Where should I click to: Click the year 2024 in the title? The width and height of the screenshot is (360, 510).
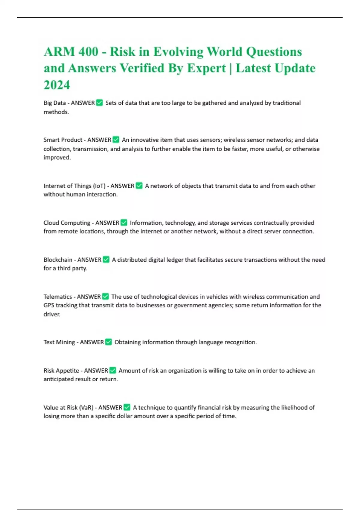pos(57,85)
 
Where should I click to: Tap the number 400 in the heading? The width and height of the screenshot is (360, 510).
pos(88,52)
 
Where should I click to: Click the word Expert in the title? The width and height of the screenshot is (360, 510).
pos(206,68)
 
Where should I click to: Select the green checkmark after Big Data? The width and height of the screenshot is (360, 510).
pos(99,103)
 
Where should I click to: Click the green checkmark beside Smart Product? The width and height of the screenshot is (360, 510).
pos(116,140)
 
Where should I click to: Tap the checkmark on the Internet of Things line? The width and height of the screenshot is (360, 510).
pos(139,186)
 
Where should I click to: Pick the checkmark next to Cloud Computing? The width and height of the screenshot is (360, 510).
pos(124,223)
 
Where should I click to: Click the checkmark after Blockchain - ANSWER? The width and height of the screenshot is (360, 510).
pos(106,259)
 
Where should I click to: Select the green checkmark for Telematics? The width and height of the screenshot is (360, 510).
pos(105,296)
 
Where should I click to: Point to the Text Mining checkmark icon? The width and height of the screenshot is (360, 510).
pos(108,342)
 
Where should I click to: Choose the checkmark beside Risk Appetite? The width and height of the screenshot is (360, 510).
pos(112,370)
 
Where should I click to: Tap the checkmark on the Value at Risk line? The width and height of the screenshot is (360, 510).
pos(127,407)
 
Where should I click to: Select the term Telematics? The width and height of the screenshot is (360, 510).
pos(58,297)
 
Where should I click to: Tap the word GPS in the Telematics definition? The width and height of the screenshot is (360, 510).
pos(49,305)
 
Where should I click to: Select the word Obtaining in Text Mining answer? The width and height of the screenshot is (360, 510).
pos(127,342)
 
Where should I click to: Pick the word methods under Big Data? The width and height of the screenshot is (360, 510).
pos(56,112)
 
